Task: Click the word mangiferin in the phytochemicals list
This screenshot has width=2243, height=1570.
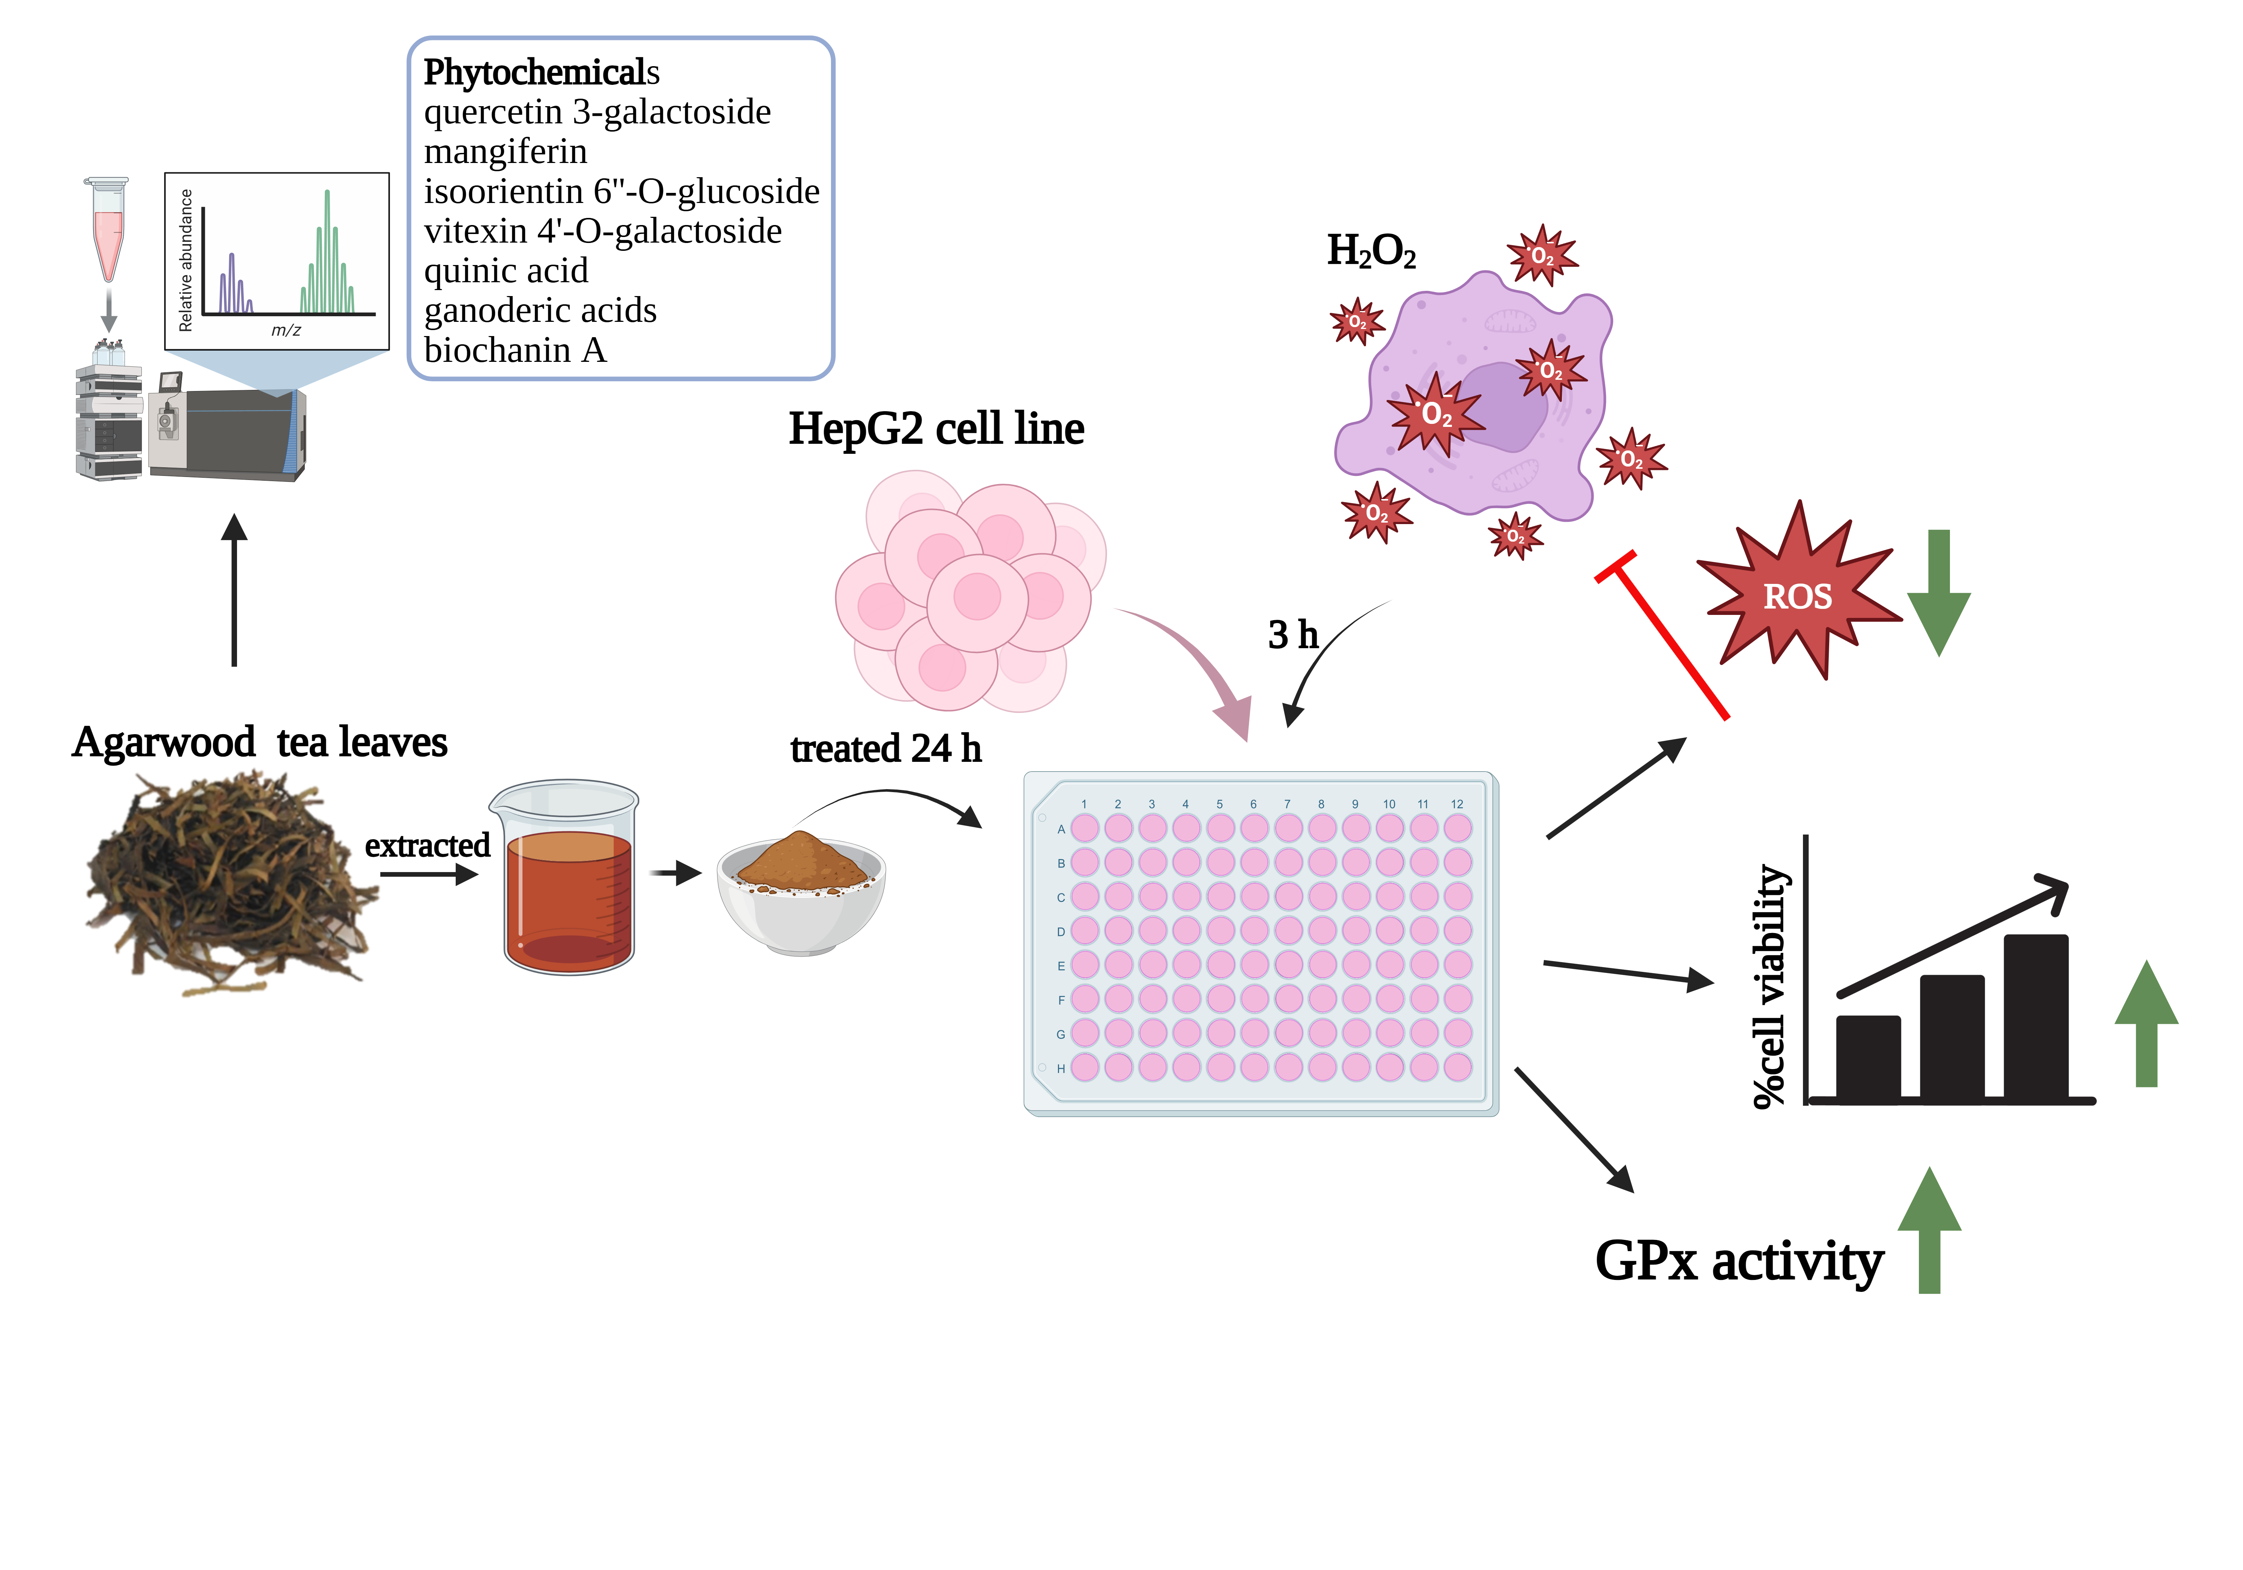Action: click(x=505, y=153)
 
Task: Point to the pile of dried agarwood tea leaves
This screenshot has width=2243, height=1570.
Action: click(x=230, y=884)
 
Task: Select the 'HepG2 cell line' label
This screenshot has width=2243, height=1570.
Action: click(x=936, y=429)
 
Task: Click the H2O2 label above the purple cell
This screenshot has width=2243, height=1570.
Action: click(x=1370, y=251)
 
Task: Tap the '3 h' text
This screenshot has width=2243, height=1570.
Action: click(x=1292, y=635)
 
